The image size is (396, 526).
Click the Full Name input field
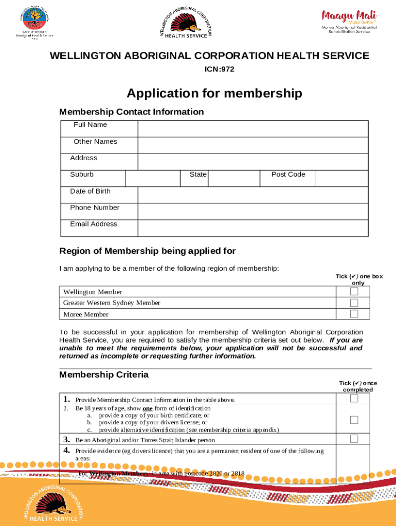point(253,128)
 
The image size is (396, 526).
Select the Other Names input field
point(253,145)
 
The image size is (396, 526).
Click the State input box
point(233,178)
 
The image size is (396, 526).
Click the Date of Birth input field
point(253,195)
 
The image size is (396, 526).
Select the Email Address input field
point(253,228)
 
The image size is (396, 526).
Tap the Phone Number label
point(95,208)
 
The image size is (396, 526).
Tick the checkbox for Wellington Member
point(354,292)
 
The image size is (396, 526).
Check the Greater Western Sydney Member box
point(354,303)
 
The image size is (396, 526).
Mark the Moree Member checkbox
point(354,314)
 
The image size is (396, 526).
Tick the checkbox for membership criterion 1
point(354,399)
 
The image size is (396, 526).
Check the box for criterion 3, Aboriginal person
point(354,439)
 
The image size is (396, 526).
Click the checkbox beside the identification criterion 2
point(354,420)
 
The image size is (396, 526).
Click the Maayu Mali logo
point(349,21)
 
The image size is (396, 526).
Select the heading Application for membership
point(214,93)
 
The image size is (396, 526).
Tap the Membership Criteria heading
point(104,374)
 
